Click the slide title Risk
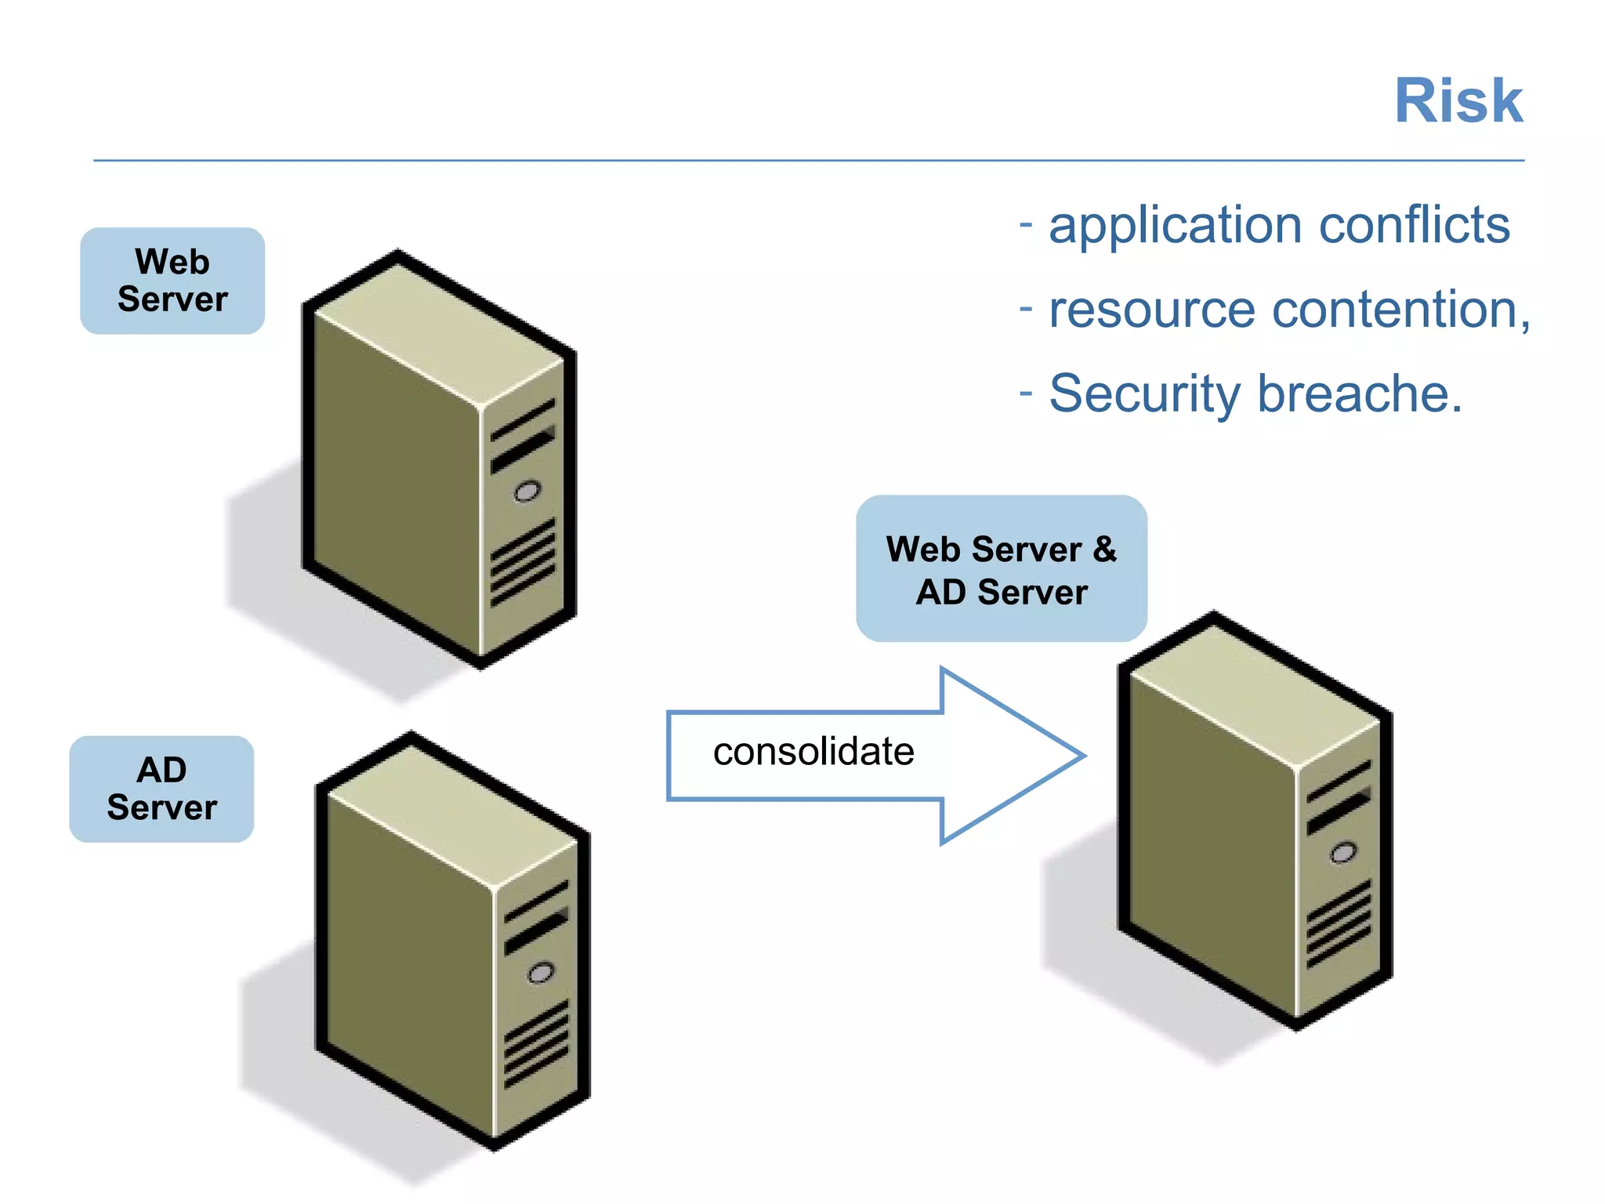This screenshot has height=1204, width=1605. (1458, 102)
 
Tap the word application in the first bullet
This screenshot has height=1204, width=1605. (1176, 227)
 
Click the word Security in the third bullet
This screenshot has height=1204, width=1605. (1144, 394)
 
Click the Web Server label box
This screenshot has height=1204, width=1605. (172, 281)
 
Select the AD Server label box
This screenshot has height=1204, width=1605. (161, 789)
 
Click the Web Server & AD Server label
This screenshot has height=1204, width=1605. (1001, 569)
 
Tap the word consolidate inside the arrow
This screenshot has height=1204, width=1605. (813, 752)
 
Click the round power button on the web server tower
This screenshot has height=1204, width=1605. (527, 492)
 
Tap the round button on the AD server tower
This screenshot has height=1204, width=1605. (540, 974)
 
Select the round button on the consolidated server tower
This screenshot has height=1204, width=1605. (1342, 853)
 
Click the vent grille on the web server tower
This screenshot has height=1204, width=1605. (523, 562)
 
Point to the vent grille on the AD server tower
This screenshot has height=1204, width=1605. (536, 1043)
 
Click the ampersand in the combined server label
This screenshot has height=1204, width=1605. (1104, 549)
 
